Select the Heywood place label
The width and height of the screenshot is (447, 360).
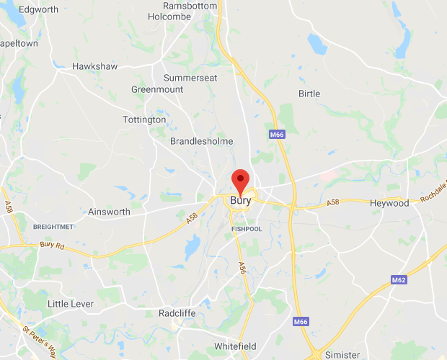pyautogui.click(x=389, y=203)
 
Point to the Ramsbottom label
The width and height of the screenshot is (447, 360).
pyautogui.click(x=190, y=6)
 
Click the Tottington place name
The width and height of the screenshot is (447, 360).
pyautogui.click(x=144, y=120)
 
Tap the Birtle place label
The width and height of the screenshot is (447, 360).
pyautogui.click(x=309, y=94)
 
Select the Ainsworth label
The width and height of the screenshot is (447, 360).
pyautogui.click(x=109, y=212)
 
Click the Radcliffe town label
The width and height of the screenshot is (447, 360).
pyautogui.click(x=177, y=313)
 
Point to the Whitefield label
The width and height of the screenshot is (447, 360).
pyautogui.click(x=236, y=346)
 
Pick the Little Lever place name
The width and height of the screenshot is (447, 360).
pyautogui.click(x=71, y=304)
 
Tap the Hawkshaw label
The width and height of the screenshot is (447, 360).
pyautogui.click(x=95, y=67)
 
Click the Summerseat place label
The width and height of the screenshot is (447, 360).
pyautogui.click(x=190, y=78)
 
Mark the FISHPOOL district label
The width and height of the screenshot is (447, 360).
pyautogui.click(x=247, y=229)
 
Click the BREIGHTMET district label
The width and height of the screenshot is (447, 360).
pyautogui.click(x=54, y=226)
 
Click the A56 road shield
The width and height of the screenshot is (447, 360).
pyautogui.click(x=242, y=267)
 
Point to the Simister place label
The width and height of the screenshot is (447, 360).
pyautogui.click(x=342, y=354)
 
